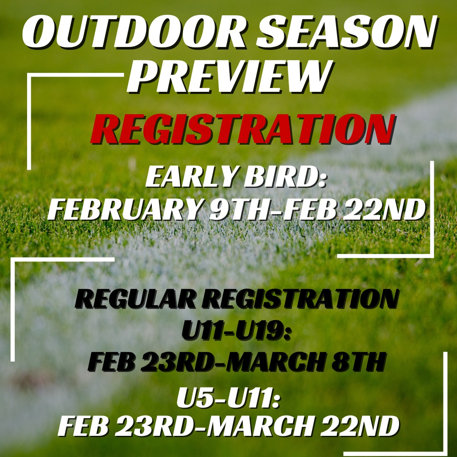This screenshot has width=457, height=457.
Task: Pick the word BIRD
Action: click(x=284, y=177)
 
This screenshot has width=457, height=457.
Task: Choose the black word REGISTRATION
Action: click(x=301, y=299)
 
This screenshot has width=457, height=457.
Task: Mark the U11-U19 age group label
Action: click(x=237, y=331)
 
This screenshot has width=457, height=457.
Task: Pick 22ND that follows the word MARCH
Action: click(x=360, y=426)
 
